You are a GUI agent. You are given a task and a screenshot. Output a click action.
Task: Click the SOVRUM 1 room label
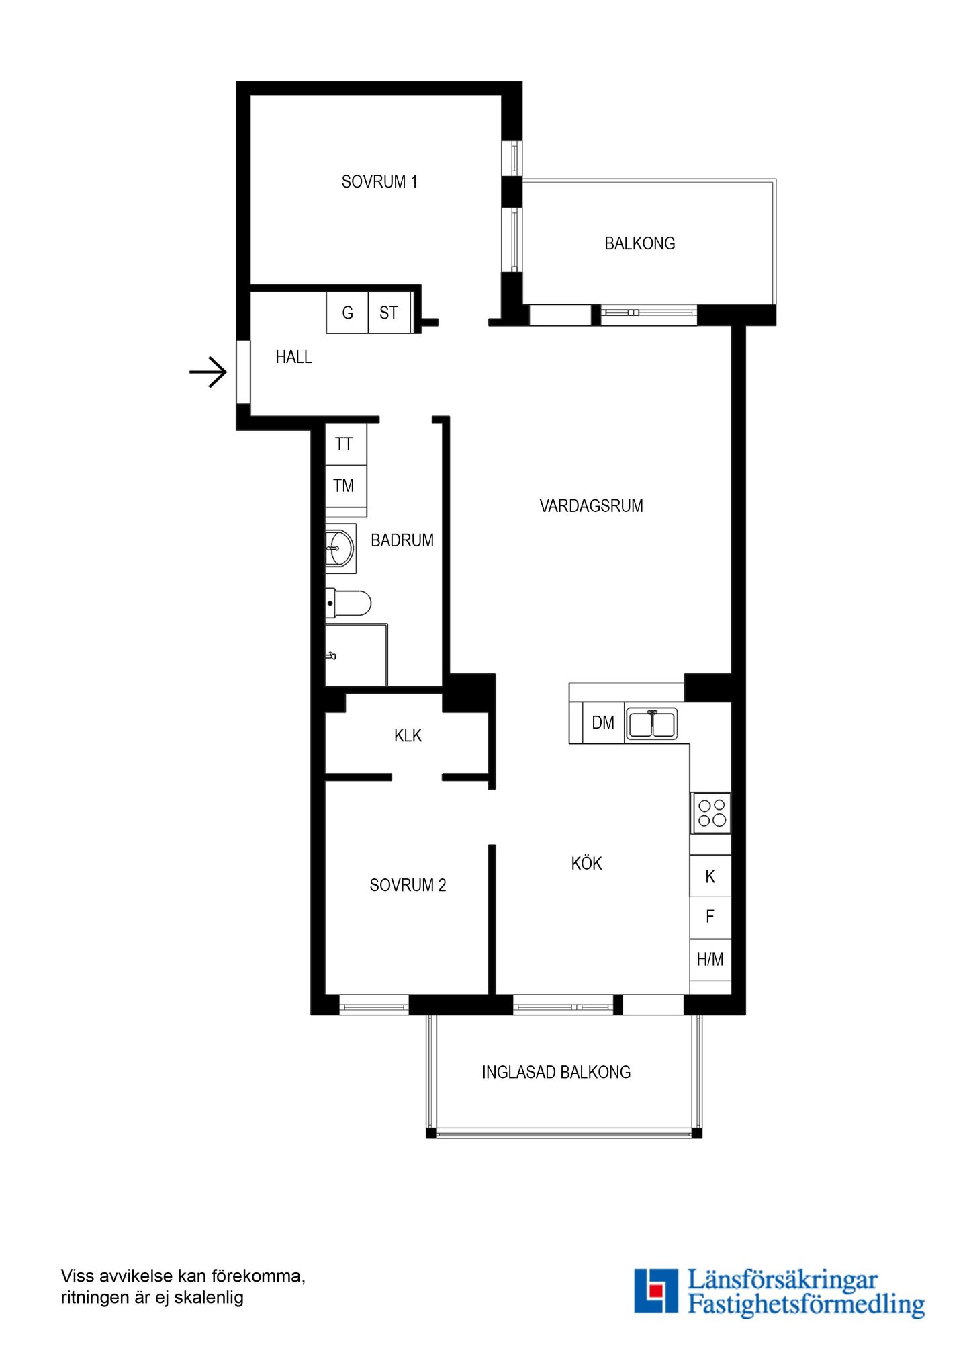[x=379, y=181]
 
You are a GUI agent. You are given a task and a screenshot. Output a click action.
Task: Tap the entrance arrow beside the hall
[x=208, y=372]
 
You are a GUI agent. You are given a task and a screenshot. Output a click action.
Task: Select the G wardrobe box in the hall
[x=347, y=313]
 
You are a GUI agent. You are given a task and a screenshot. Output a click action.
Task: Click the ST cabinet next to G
[x=389, y=313]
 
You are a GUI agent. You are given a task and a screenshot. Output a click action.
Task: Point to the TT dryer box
[x=346, y=444]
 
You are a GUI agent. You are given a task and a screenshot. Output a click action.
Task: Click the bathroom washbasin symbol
[x=340, y=548]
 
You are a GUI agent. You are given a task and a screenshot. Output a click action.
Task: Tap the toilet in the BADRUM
[x=348, y=604]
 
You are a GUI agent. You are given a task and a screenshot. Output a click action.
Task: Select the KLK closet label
[x=408, y=735]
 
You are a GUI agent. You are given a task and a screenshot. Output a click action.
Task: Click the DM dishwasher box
[x=603, y=722]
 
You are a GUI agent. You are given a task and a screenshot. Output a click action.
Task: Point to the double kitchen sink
[x=651, y=724]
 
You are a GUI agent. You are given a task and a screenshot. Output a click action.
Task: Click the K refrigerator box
[x=710, y=876]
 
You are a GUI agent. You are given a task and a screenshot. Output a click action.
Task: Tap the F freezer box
[x=710, y=917]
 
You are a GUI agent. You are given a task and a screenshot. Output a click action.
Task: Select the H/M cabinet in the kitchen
[x=710, y=960]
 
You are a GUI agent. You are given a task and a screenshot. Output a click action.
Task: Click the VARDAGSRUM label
[x=591, y=506]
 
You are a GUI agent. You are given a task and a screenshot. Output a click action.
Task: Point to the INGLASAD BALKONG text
[x=556, y=1072]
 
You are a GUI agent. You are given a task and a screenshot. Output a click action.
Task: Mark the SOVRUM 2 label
[x=408, y=885]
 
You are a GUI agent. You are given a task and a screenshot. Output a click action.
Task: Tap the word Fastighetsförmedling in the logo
[x=806, y=1304]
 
